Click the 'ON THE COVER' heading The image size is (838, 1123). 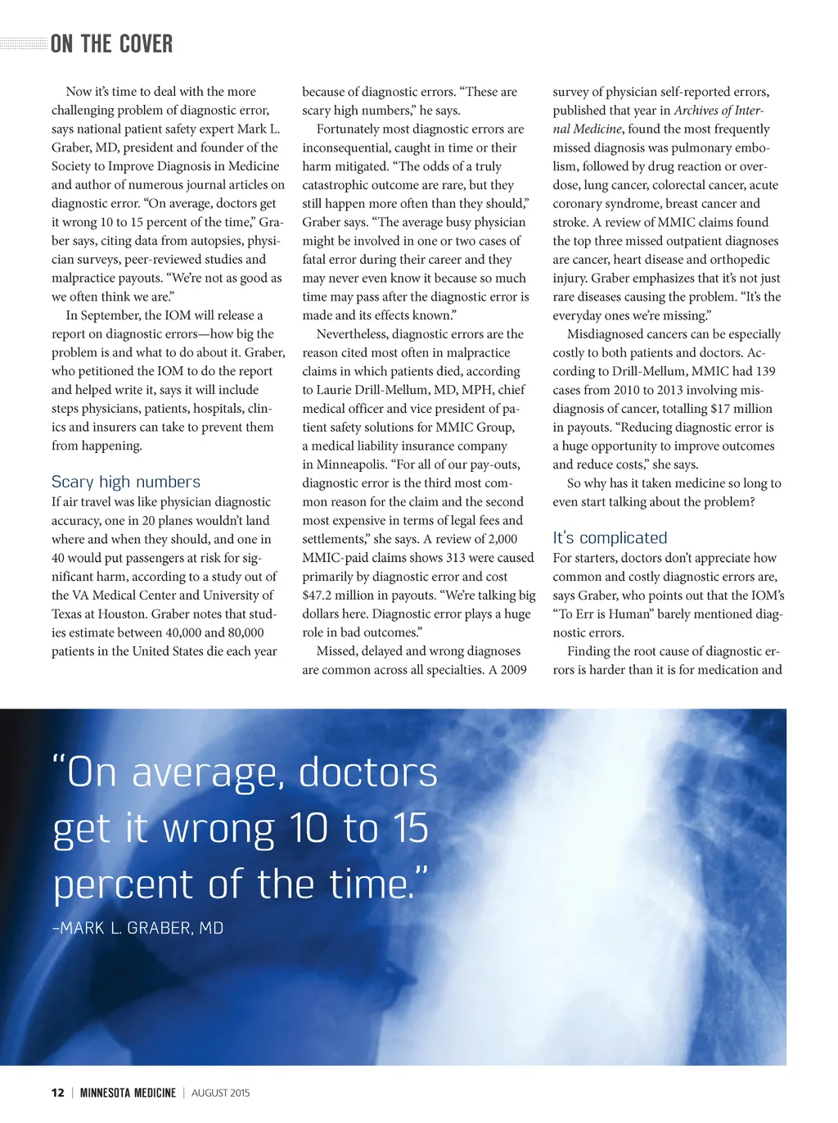tap(111, 44)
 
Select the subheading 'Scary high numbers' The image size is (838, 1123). tap(125, 482)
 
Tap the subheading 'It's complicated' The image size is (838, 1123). tap(610, 538)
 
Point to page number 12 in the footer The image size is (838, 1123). tap(57, 1093)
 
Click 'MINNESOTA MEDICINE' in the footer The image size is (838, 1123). tap(128, 1093)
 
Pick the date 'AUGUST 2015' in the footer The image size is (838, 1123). tap(220, 1093)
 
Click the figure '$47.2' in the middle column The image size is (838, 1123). tap(319, 595)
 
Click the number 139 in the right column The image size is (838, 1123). tap(764, 371)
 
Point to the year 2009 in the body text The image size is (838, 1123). tap(513, 670)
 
